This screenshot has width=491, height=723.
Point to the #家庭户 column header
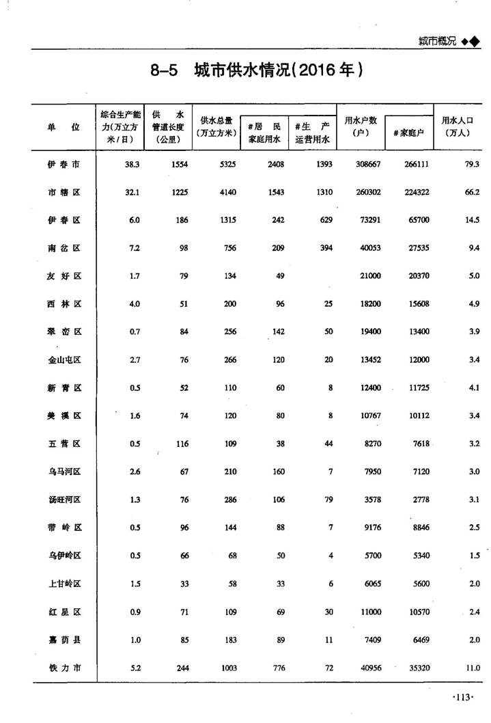click(x=408, y=133)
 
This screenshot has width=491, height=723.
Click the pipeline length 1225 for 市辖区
click(x=180, y=193)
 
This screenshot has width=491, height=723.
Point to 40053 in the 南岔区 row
click(x=370, y=248)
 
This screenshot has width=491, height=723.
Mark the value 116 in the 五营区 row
click(x=181, y=444)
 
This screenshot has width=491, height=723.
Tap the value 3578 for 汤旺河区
click(x=372, y=500)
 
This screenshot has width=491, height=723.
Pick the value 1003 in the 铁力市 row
click(x=227, y=668)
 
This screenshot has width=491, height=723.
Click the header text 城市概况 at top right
click(x=437, y=42)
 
